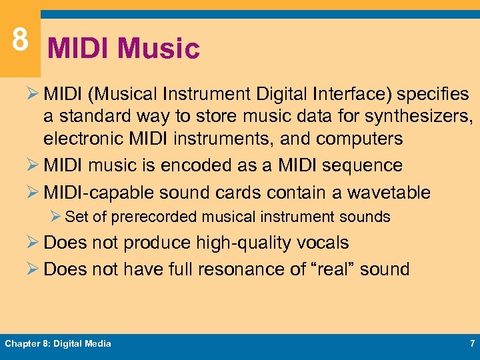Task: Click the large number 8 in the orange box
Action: (x=20, y=39)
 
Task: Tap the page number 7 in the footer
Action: (x=471, y=343)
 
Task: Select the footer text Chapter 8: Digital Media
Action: (x=58, y=343)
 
